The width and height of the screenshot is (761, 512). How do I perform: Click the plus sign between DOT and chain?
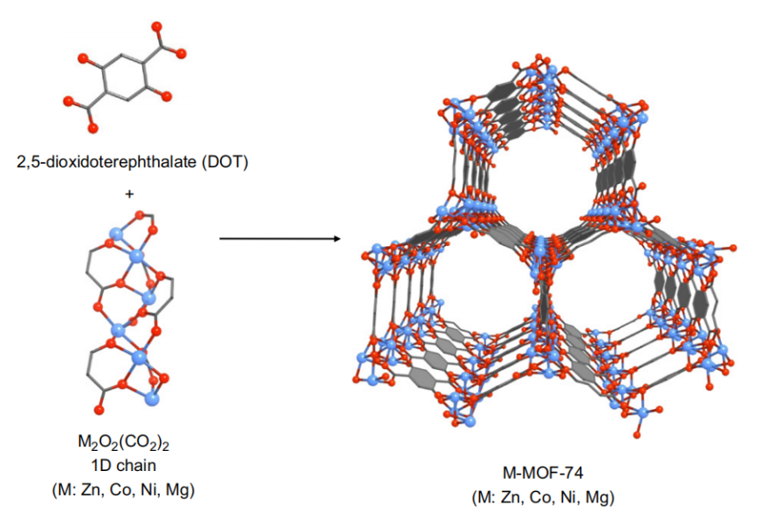click(129, 194)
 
